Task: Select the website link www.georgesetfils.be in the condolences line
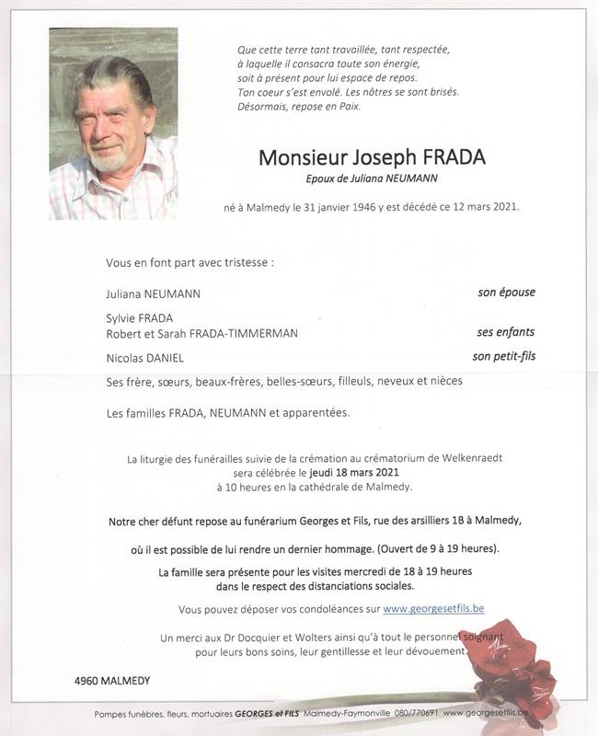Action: pyautogui.click(x=433, y=609)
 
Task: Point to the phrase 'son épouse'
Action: pyautogui.click(x=506, y=293)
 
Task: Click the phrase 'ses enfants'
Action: pyautogui.click(x=505, y=332)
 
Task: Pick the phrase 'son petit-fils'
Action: pyautogui.click(x=503, y=356)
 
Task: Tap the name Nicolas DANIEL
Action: pyautogui.click(x=145, y=358)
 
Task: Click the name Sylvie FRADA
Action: pyautogui.click(x=140, y=317)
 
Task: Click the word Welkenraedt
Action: pyautogui.click(x=469, y=458)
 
